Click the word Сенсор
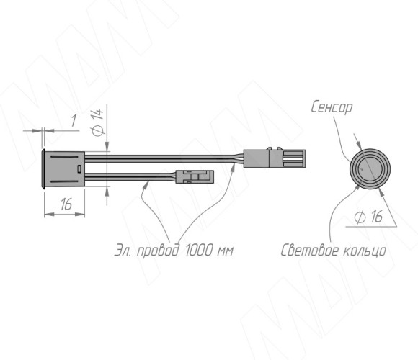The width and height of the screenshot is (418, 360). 332,107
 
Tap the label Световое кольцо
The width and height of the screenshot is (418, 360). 333,251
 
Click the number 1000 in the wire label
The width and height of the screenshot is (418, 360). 198,251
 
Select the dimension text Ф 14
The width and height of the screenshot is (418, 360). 97,122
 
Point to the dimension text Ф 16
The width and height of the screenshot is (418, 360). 368,216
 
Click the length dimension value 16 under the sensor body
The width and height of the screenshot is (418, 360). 66,204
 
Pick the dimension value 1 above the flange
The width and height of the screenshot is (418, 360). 74,121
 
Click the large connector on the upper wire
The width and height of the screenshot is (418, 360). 275,158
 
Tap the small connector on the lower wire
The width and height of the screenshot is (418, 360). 195,177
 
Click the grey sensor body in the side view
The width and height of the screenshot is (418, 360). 64,168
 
